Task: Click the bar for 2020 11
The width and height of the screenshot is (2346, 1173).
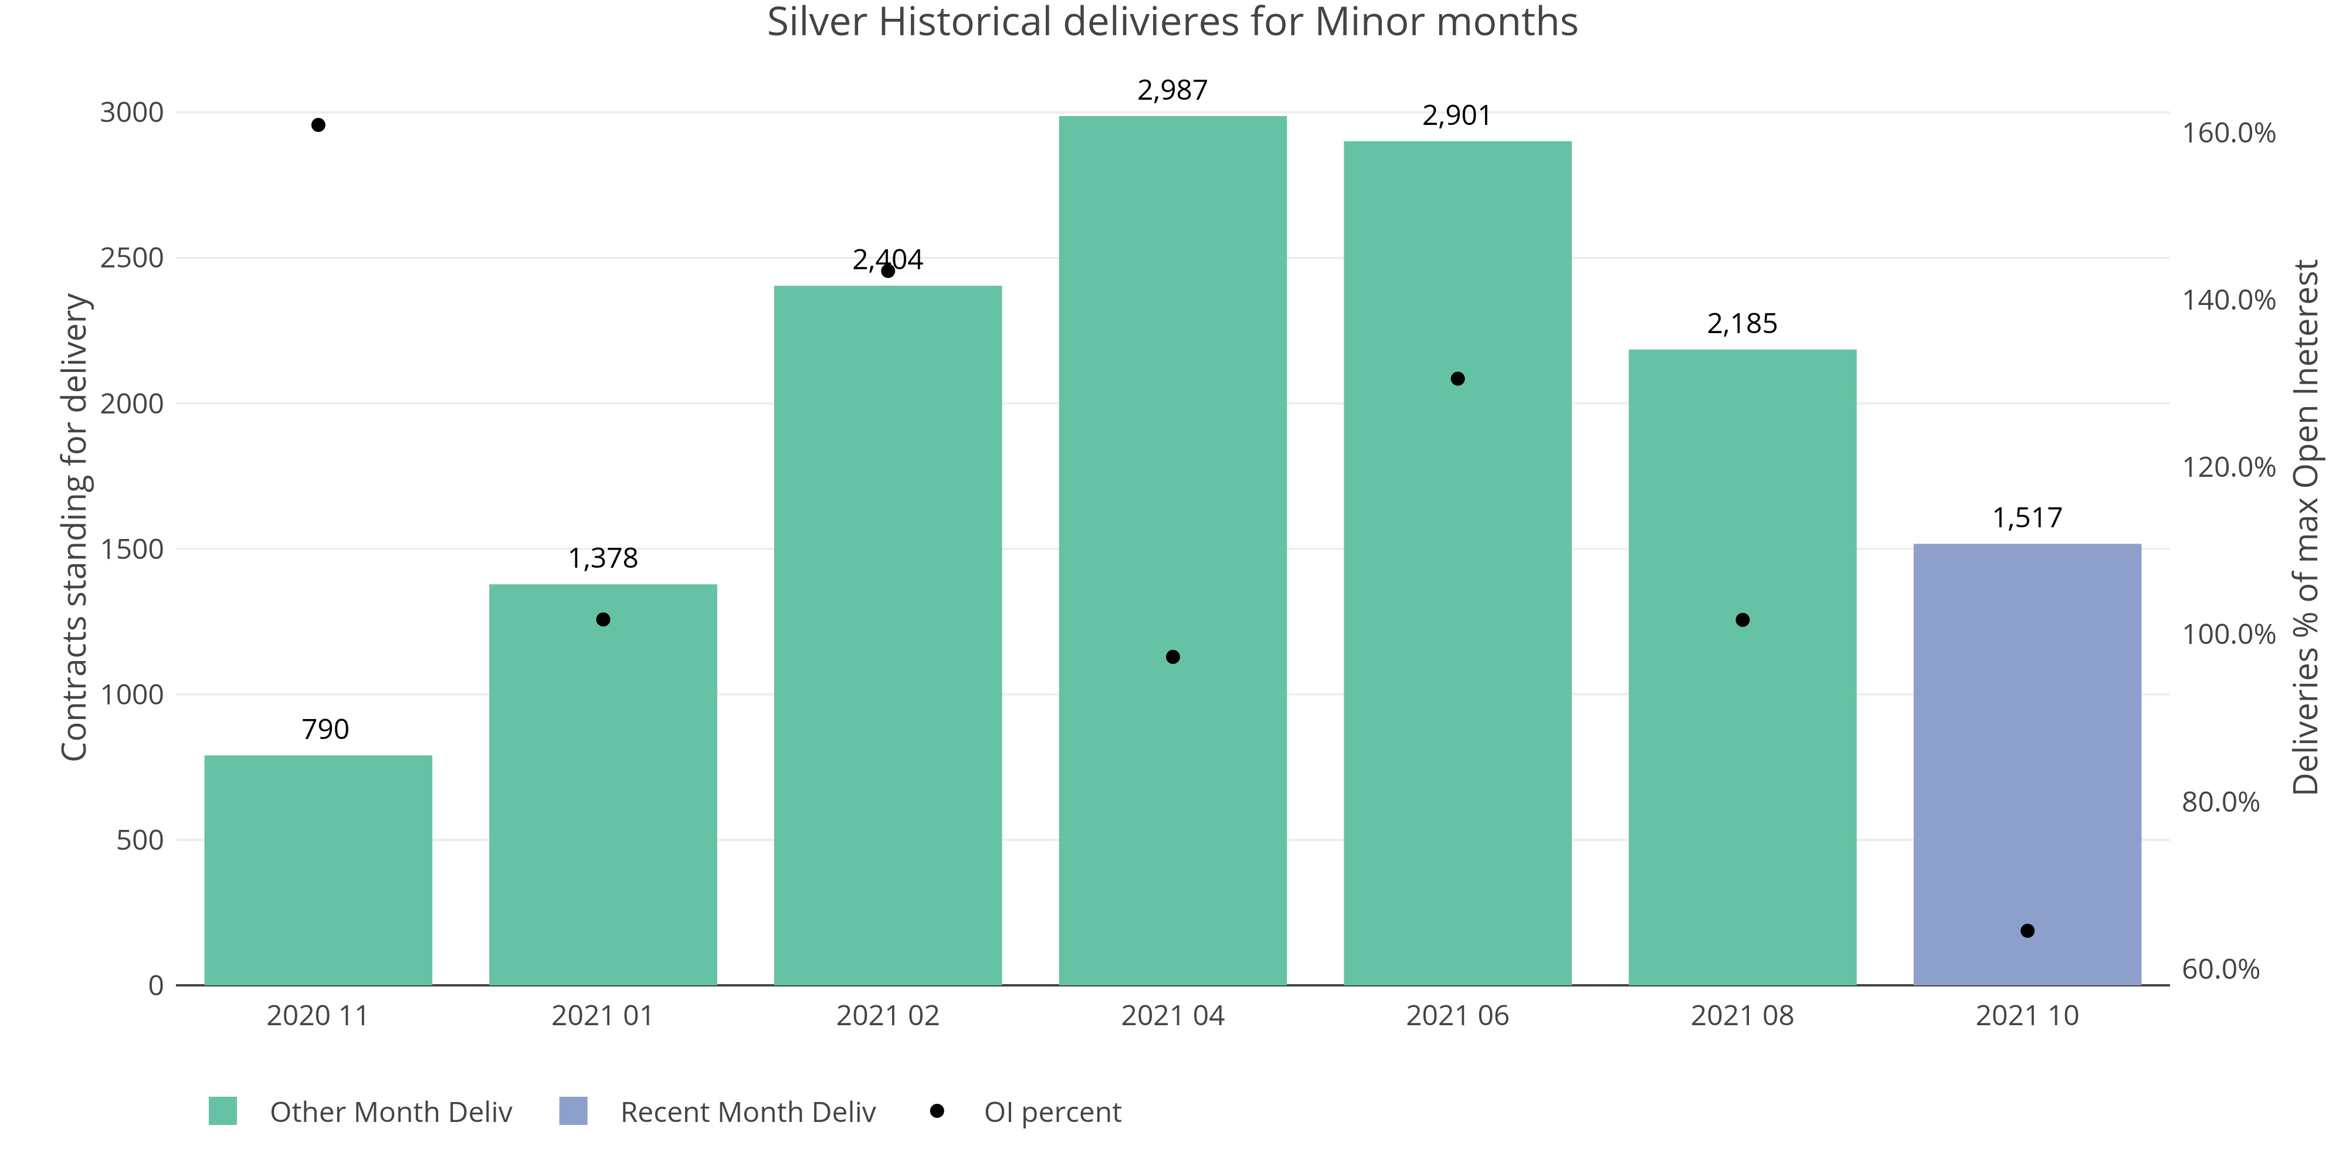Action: click(x=318, y=870)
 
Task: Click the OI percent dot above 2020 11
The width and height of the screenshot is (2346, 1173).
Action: click(x=318, y=125)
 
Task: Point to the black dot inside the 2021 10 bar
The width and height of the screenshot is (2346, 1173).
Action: click(x=2028, y=931)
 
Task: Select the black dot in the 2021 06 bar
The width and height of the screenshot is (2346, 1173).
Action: click(x=1457, y=379)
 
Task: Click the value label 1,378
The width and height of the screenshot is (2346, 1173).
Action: click(x=603, y=558)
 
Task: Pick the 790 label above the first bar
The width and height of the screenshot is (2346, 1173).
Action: click(x=325, y=730)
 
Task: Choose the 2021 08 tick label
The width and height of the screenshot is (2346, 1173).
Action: click(x=1741, y=1015)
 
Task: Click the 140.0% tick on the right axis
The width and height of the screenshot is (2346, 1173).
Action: click(x=2228, y=300)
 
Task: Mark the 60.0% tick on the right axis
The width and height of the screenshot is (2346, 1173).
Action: click(x=2220, y=969)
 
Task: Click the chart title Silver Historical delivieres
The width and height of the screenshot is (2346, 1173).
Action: click(x=1172, y=22)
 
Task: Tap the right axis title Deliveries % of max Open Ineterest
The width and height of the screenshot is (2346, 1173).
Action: click(x=2305, y=527)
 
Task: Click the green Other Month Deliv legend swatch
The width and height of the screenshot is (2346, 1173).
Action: click(x=222, y=1111)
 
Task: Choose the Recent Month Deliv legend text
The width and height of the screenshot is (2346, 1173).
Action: click(x=748, y=1112)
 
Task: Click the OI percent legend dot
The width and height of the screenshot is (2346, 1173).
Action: click(x=936, y=1110)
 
